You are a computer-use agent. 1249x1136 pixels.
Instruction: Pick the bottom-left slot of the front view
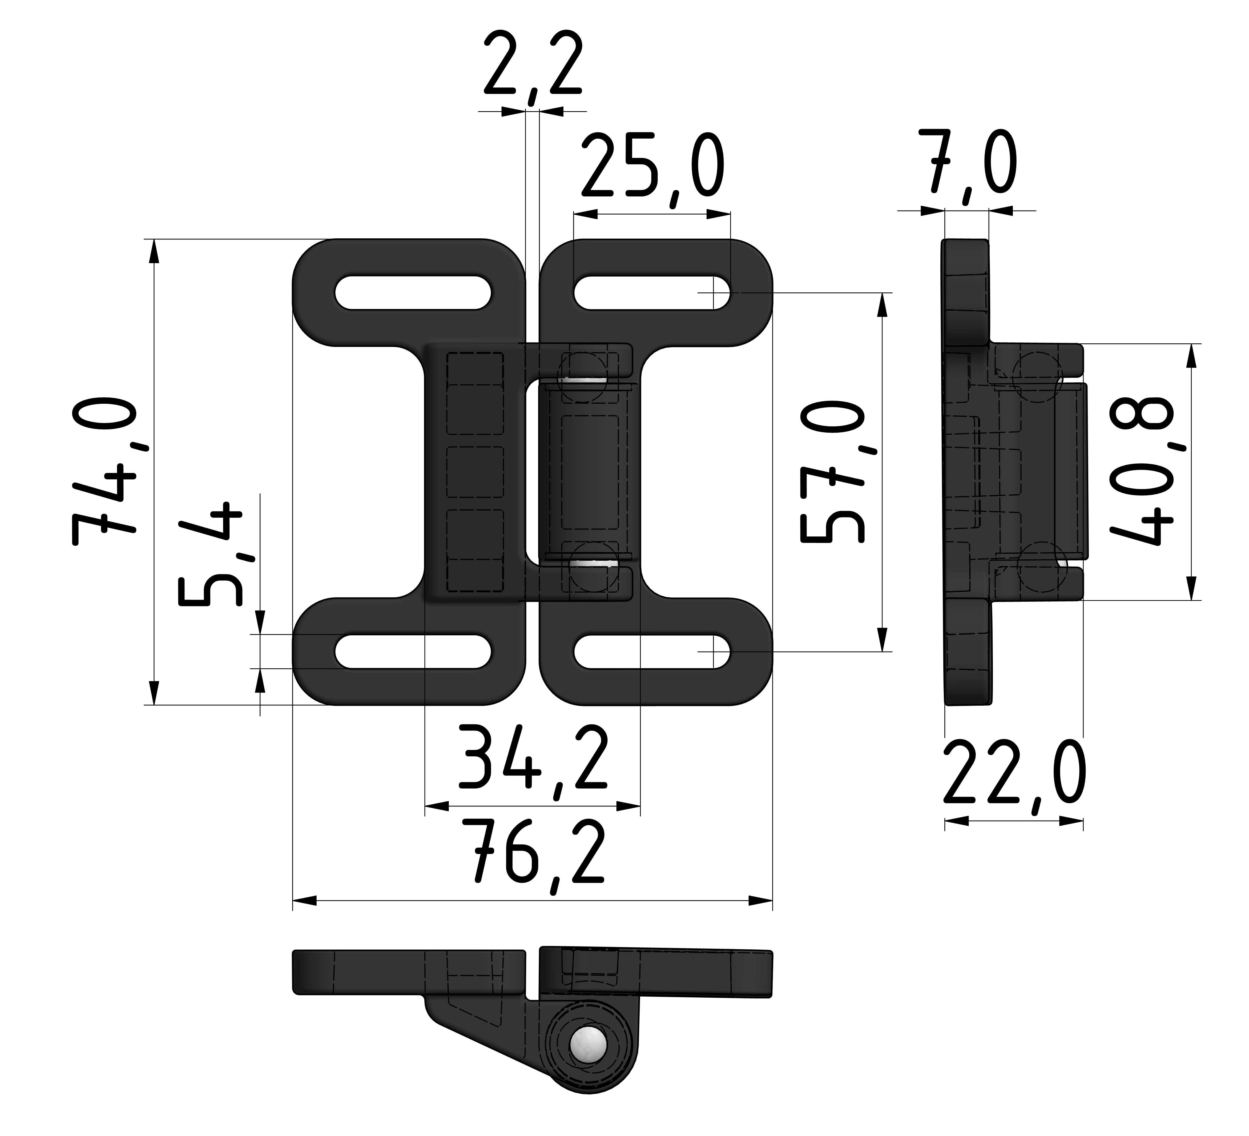(x=413, y=651)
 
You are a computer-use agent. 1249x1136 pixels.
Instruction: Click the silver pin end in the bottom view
(x=589, y=1062)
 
